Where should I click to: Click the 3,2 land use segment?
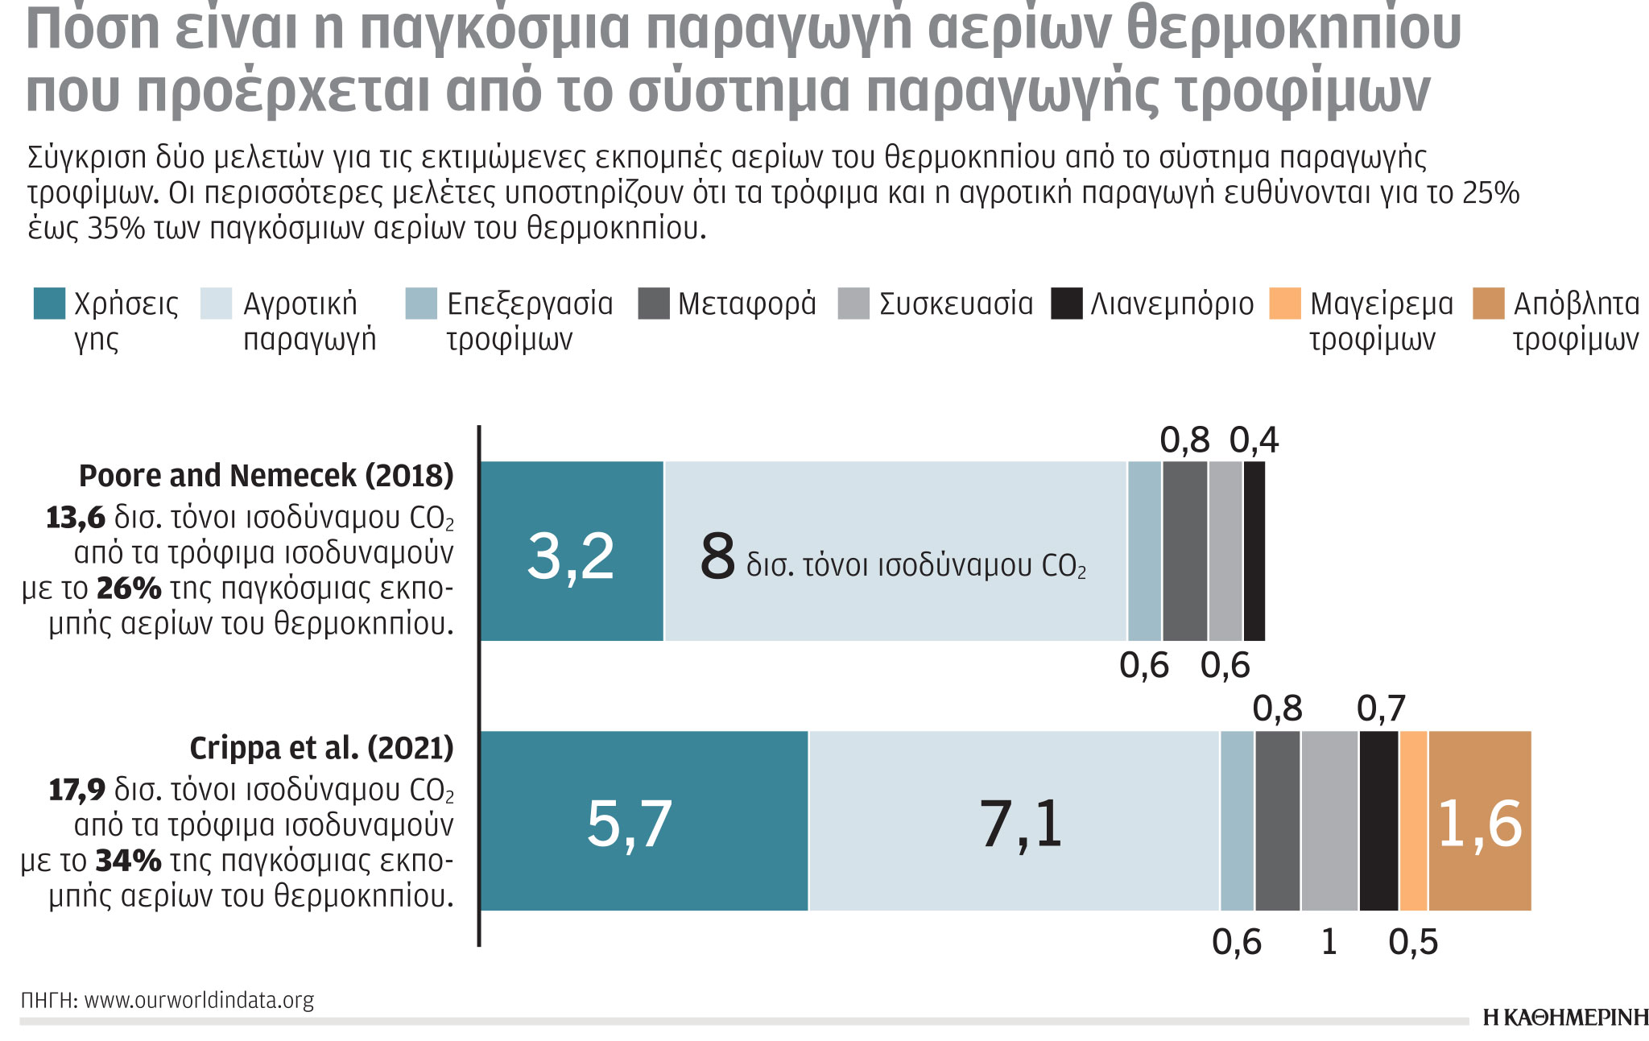tap(571, 552)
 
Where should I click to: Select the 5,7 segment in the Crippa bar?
tap(643, 821)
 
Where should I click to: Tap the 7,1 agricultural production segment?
tap(1015, 821)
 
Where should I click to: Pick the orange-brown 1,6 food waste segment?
tap(1480, 821)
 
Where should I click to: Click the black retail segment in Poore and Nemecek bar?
tap(1254, 552)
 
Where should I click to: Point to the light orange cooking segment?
tap(1413, 821)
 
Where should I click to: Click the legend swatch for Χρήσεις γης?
tap(49, 304)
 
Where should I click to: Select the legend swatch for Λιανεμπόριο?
tap(1067, 304)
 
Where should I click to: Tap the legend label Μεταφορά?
tap(746, 304)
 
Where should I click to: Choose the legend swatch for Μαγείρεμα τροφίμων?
tap(1284, 304)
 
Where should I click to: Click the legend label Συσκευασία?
tap(956, 304)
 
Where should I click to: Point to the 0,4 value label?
tap(1254, 440)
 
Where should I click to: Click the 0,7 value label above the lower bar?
tap(1381, 709)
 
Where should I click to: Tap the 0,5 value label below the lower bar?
tap(1413, 942)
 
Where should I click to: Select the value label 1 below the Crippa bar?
tap(1329, 942)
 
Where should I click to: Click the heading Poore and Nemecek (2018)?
tap(267, 476)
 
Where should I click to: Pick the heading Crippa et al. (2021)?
tap(321, 748)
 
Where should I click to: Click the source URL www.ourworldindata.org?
tap(199, 1001)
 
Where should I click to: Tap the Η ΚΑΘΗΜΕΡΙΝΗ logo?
tap(1565, 1018)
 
